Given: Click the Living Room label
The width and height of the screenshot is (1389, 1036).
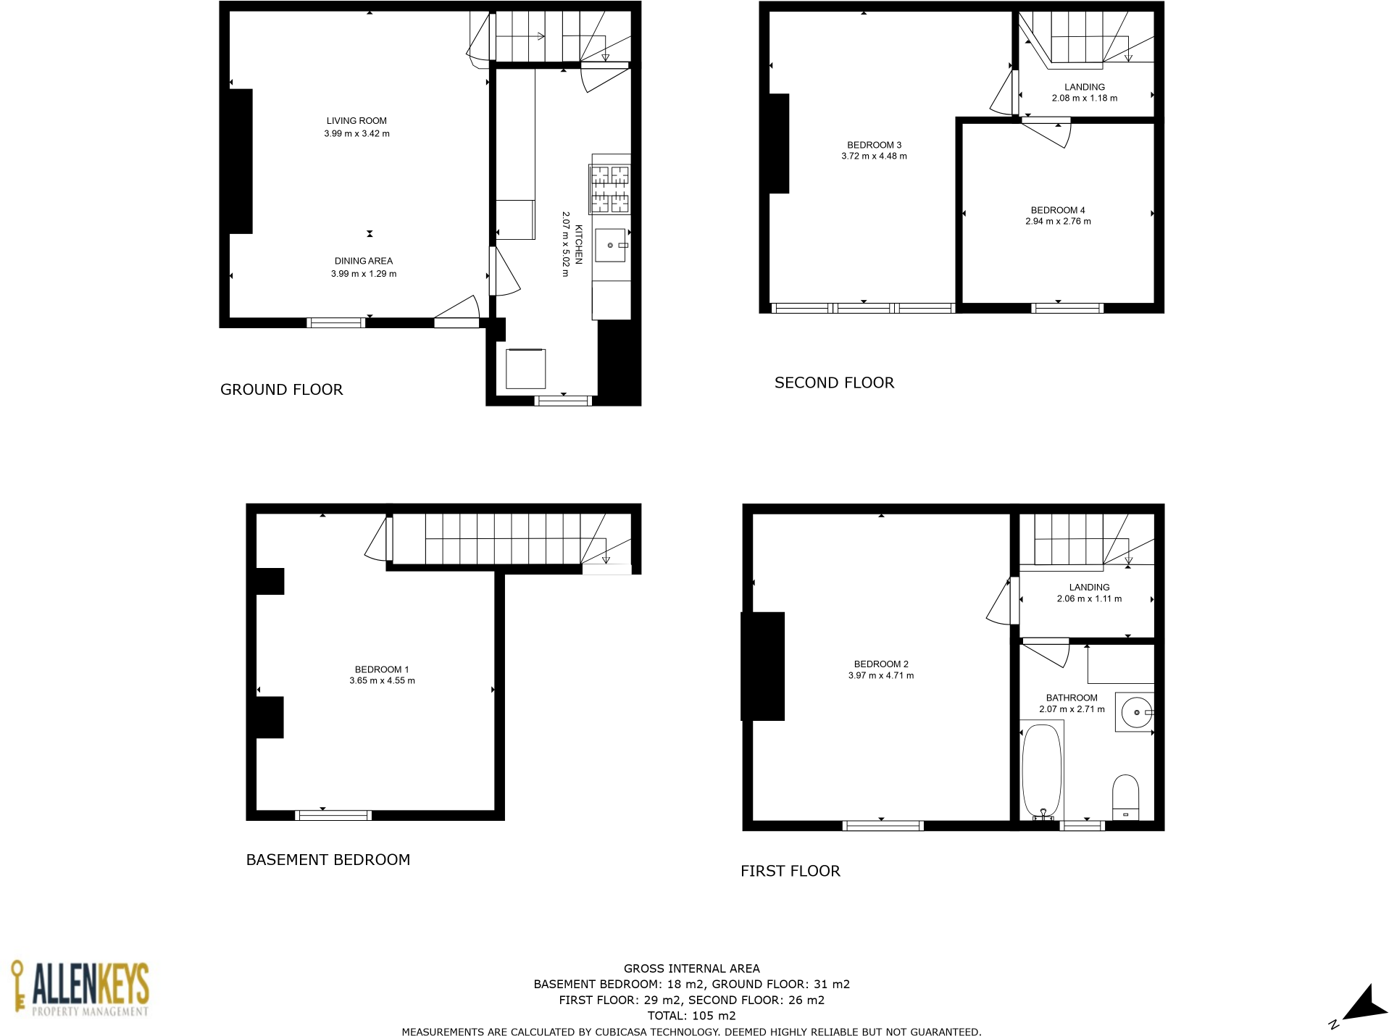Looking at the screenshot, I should pyautogui.click(x=356, y=121).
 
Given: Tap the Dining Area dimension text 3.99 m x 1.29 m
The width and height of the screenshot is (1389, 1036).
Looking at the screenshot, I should pyautogui.click(x=364, y=274).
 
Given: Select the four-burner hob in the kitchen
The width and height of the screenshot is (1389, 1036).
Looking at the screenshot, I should pyautogui.click(x=609, y=189).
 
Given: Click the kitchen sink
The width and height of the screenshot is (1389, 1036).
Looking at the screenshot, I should pyautogui.click(x=610, y=245).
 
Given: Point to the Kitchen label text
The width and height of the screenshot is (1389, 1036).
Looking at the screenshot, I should pyautogui.click(x=579, y=244).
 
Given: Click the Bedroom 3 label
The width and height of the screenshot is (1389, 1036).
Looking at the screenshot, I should pyautogui.click(x=874, y=145).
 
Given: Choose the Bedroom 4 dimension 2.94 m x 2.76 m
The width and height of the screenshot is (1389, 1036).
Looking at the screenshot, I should pyautogui.click(x=1057, y=222).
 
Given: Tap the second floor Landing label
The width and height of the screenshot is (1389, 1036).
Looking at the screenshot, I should pyautogui.click(x=1084, y=87).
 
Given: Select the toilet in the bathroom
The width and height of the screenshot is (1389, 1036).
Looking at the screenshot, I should pyautogui.click(x=1125, y=797).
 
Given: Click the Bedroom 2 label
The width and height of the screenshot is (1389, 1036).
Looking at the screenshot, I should pyautogui.click(x=880, y=664).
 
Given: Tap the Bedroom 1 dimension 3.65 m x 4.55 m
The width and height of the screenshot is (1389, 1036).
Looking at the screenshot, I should pyautogui.click(x=382, y=681).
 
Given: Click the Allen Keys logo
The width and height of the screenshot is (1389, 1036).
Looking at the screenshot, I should pyautogui.click(x=80, y=989).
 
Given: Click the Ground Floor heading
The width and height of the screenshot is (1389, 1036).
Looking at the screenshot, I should pyautogui.click(x=281, y=390).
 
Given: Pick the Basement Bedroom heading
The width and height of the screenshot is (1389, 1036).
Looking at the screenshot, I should pyautogui.click(x=328, y=860).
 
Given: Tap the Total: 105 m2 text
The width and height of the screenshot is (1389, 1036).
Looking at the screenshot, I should pyautogui.click(x=691, y=1016).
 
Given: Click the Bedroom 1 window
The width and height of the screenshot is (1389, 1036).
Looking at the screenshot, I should pyautogui.click(x=333, y=815).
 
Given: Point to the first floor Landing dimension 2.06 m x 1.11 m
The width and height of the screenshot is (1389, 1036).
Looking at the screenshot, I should pyautogui.click(x=1088, y=599).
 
